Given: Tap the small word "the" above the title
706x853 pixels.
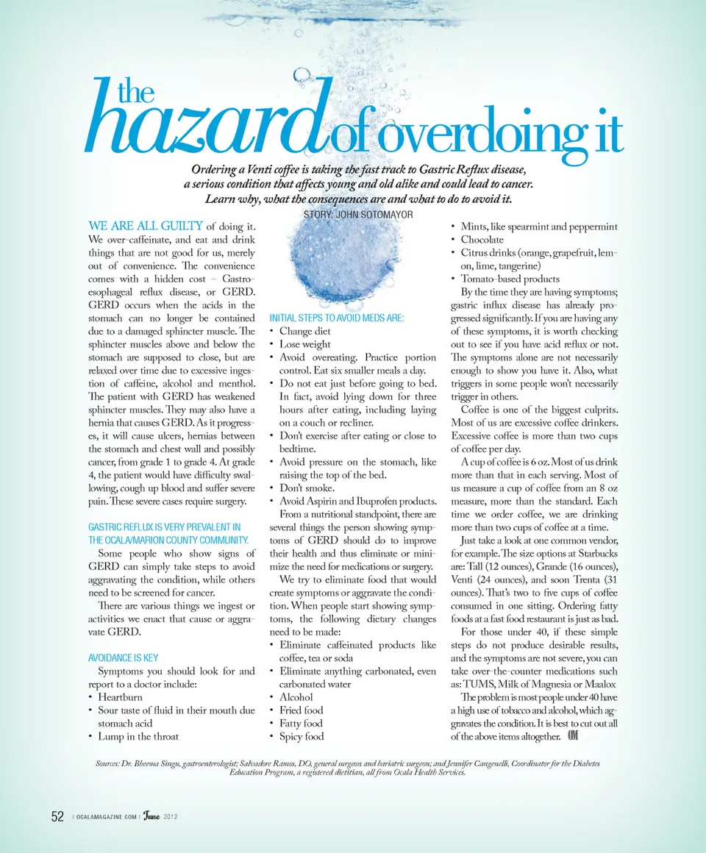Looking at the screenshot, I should tap(135, 93).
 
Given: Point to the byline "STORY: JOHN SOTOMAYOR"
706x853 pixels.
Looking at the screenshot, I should tap(358, 214).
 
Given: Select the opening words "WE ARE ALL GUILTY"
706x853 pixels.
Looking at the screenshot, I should tap(146, 226).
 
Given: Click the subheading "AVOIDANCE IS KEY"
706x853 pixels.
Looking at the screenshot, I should tap(123, 657).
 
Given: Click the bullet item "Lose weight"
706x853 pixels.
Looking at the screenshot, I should tap(304, 344).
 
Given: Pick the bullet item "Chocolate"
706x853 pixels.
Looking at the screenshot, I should tap(482, 240).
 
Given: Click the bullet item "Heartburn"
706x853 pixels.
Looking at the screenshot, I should tap(120, 697).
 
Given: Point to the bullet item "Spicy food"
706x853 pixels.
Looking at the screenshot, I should tap(301, 736).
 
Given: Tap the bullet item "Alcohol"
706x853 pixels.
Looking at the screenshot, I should tap(296, 697).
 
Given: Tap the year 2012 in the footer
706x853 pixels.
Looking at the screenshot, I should tap(171, 818).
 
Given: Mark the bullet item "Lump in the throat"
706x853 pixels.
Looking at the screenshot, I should tap(138, 736).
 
